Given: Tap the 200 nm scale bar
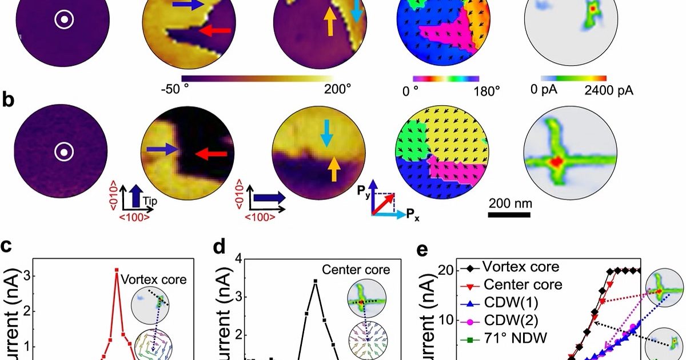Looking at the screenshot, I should pyautogui.click(x=509, y=215).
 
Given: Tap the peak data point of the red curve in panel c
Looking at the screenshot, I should pyautogui.click(x=117, y=270).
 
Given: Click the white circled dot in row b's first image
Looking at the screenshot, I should pyautogui.click(x=62, y=153).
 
